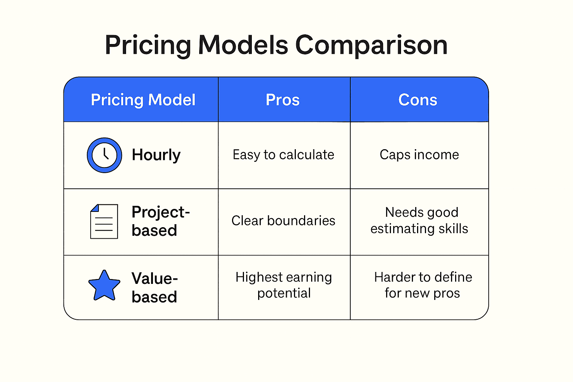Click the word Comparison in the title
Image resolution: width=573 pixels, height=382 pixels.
pos(372,46)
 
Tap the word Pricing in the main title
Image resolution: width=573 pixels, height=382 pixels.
pos(148,46)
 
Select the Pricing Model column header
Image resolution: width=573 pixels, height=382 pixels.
pos(143,100)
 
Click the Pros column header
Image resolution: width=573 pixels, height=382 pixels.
pos(282,100)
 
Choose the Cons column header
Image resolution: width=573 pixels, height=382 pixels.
pos(418,100)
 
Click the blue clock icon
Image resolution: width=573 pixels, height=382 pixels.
pos(104,155)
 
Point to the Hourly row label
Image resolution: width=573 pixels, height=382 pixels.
pos(156,155)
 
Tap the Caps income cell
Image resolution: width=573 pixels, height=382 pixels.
pos(419,155)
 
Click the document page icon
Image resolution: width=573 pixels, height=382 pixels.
pos(104,221)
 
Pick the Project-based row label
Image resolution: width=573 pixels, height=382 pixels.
pos(161,221)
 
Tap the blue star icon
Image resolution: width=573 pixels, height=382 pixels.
pos(104,286)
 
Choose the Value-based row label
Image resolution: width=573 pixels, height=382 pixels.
pos(154,287)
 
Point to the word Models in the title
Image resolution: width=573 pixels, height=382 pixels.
pos(243,45)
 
